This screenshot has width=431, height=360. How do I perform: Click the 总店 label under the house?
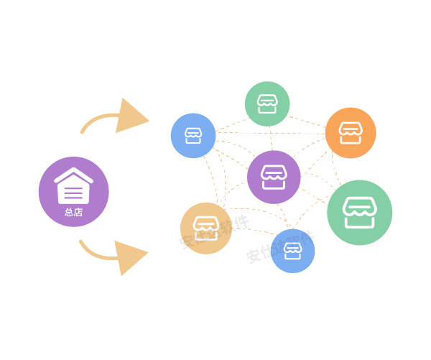tap(73, 212)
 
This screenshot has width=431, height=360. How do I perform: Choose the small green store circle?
tap(267, 104)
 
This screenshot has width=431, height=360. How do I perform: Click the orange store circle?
tap(351, 132)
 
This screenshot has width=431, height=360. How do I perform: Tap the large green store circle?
tap(359, 213)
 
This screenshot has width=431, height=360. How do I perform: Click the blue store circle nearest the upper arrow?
tap(193, 135)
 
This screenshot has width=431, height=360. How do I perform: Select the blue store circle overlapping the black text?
tap(292, 251)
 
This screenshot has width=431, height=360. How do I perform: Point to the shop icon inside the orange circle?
tap(351, 132)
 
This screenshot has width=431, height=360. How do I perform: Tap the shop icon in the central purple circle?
tap(274, 176)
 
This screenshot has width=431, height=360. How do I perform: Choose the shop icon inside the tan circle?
tap(206, 226)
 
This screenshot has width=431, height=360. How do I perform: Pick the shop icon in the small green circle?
tap(267, 103)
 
